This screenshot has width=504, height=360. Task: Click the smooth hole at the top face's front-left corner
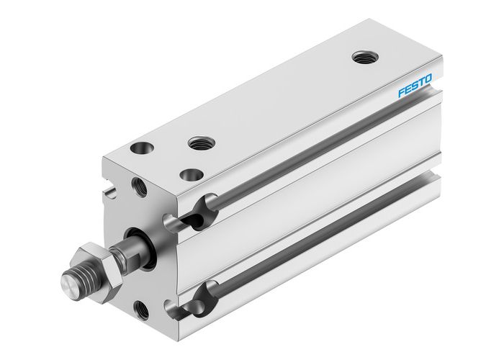140,149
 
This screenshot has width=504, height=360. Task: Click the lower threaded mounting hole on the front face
143,310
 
